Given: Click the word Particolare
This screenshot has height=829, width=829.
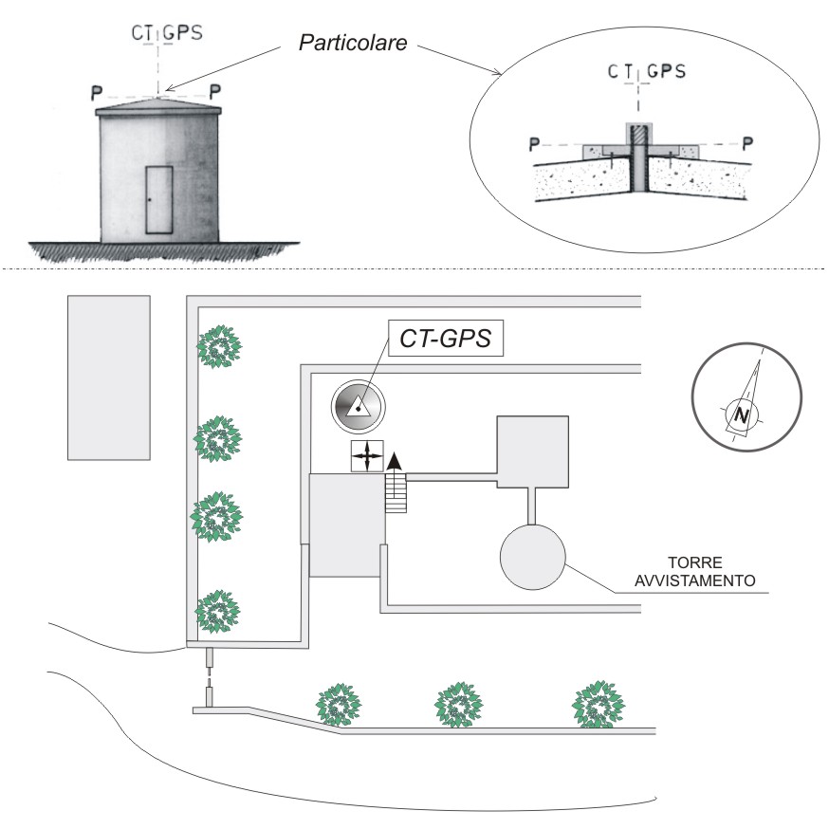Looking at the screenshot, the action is pyautogui.click(x=353, y=43).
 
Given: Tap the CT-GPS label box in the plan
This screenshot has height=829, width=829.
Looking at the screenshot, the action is pyautogui.click(x=446, y=338).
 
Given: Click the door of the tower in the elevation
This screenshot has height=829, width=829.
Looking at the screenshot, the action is pyautogui.click(x=159, y=200).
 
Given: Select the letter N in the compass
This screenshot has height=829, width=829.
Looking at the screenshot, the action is pyautogui.click(x=743, y=415).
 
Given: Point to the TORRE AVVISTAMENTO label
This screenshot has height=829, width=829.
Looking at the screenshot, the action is pyautogui.click(x=694, y=572).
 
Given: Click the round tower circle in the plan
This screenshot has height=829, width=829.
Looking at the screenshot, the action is pyautogui.click(x=533, y=557).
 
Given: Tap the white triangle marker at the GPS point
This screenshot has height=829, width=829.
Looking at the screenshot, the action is pyautogui.click(x=358, y=407).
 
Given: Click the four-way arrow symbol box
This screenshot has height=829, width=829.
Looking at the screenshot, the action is pyautogui.click(x=367, y=455).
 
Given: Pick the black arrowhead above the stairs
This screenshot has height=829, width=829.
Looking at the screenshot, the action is pyautogui.click(x=395, y=461).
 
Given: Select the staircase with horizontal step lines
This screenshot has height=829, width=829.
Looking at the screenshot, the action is pyautogui.click(x=396, y=493).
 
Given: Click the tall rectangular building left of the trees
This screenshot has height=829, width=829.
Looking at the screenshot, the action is pyautogui.click(x=109, y=378).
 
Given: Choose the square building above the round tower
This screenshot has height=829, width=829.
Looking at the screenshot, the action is pyautogui.click(x=533, y=451).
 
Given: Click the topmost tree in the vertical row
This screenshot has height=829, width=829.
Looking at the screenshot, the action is pyautogui.click(x=219, y=347).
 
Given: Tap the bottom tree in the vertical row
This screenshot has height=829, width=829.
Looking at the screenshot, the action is pyautogui.click(x=217, y=612).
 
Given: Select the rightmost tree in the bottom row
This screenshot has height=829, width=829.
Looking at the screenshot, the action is pyautogui.click(x=599, y=705).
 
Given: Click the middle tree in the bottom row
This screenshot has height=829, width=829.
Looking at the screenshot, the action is pyautogui.click(x=458, y=705).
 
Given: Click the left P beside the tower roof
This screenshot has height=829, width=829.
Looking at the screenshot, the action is pyautogui.click(x=96, y=93).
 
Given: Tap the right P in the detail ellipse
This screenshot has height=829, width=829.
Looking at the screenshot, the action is pyautogui.click(x=747, y=143).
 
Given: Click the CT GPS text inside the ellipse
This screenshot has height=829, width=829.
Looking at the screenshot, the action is pyautogui.click(x=647, y=71).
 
